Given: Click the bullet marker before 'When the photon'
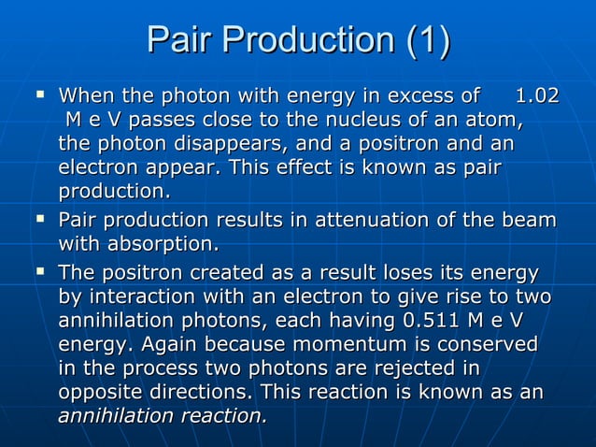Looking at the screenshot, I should tap(38, 94).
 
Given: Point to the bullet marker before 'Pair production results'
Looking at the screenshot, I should tap(38, 220).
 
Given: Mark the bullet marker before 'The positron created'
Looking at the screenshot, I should tap(38, 272).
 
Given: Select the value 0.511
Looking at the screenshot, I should tap(434, 321).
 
